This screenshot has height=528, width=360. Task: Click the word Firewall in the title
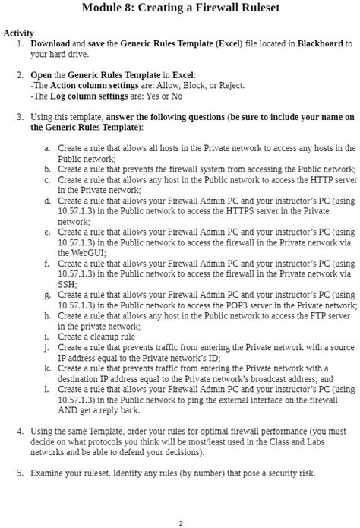[x=209, y=8]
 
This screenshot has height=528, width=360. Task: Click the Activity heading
[x=18, y=34]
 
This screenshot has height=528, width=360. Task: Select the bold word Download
[x=49, y=45]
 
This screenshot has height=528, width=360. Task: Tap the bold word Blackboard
[x=319, y=45]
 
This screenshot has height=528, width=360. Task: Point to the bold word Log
[x=57, y=96]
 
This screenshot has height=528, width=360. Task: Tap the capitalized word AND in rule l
[x=68, y=409]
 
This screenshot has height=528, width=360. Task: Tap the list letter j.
[x=47, y=346]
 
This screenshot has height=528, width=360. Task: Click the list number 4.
[x=20, y=431]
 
